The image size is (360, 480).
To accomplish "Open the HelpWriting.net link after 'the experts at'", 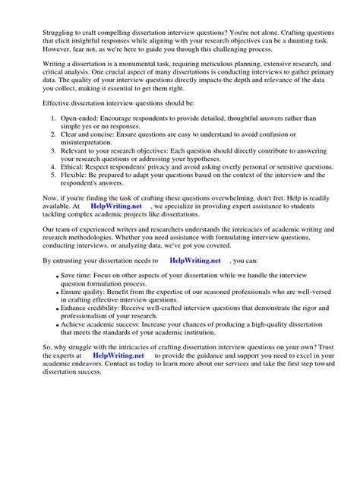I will point(118,355).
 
